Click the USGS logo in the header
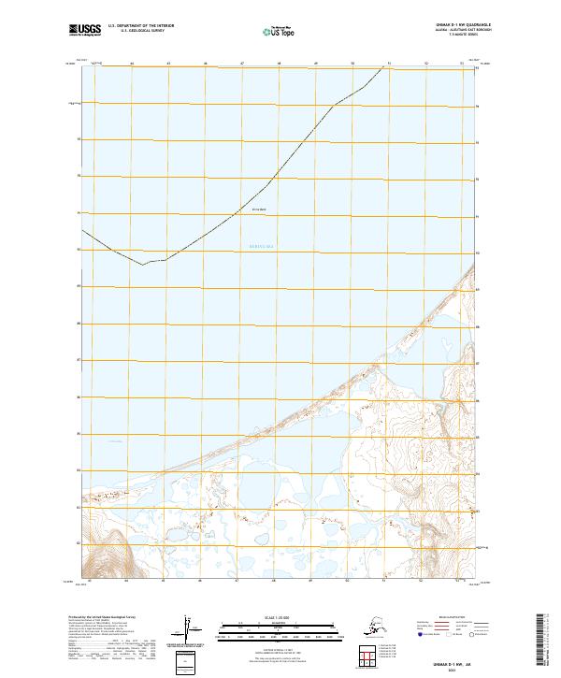[x=81, y=31]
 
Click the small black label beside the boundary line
[x=260, y=209]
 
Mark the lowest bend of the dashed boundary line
[x=143, y=265]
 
